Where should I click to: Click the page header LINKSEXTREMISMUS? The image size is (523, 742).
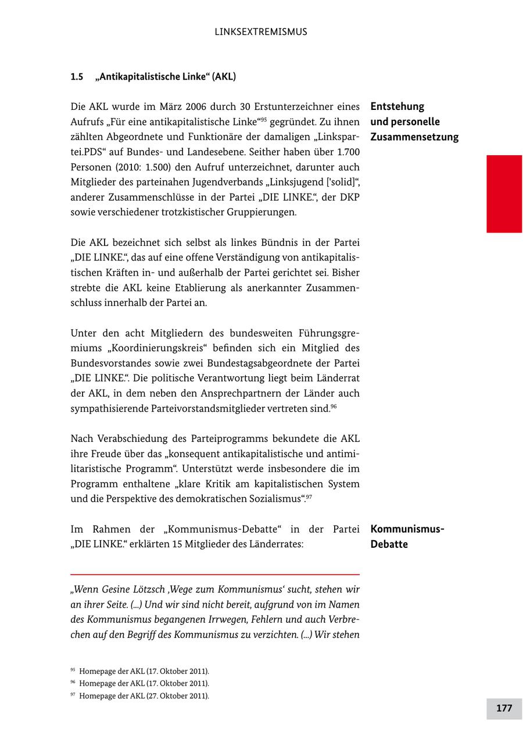[261, 32]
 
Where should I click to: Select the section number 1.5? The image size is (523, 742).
[77, 77]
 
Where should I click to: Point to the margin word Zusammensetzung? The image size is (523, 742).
[414, 137]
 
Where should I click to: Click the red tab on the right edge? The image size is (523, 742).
[504, 194]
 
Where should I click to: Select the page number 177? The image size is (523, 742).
[504, 708]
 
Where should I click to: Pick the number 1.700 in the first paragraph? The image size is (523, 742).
[347, 152]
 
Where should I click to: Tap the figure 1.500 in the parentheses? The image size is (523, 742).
[134, 167]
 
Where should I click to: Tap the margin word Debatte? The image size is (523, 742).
[389, 544]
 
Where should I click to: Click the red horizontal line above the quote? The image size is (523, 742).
[215, 575]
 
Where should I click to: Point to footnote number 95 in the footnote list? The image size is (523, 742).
[73, 670]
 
